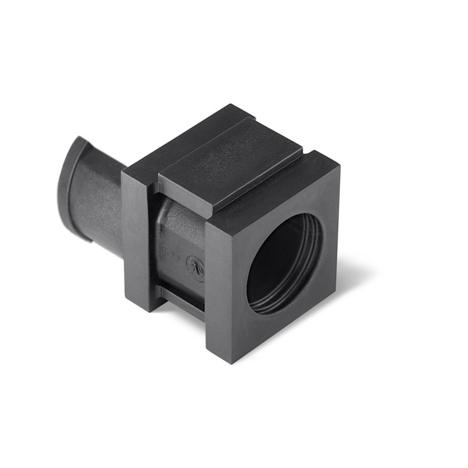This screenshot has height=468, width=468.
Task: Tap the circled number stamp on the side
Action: (195, 268)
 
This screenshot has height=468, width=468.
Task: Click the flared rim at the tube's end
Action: (70, 183)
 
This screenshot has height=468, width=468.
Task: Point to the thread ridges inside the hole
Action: (311, 262)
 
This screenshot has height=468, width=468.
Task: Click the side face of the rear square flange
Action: (138, 243)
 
